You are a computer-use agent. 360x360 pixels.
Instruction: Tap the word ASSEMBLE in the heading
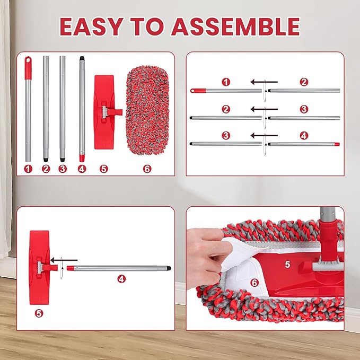[235, 27]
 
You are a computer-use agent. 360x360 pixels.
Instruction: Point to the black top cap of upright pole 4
[82, 58]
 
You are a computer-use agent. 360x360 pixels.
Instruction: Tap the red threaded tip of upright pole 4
[82, 158]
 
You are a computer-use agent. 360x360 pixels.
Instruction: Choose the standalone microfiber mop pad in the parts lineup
[147, 110]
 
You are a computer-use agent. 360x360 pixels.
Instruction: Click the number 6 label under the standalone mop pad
[147, 169]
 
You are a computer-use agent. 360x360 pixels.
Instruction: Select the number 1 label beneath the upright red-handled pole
[28, 169]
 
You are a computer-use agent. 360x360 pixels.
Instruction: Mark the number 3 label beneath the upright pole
[63, 169]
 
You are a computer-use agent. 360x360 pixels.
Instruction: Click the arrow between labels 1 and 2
[264, 82]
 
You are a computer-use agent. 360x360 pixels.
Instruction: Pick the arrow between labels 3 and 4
[264, 135]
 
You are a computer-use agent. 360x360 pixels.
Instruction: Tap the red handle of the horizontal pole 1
[198, 91]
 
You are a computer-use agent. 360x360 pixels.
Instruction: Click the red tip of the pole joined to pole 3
[337, 144]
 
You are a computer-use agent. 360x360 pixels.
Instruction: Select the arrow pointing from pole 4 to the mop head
[64, 260]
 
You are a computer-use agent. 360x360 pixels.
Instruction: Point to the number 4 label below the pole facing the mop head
[121, 279]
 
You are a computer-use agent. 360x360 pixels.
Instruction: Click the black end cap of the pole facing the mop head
[169, 268]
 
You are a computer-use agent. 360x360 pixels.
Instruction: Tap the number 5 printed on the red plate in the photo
[287, 265]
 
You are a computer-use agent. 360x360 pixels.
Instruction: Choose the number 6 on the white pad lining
[254, 283]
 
